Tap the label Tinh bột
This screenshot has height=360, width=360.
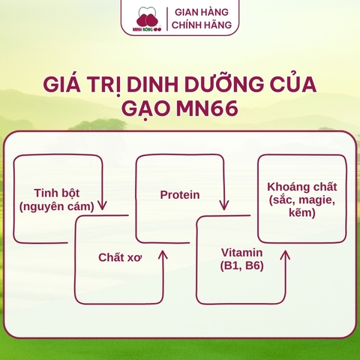pyautogui.click(x=56, y=193)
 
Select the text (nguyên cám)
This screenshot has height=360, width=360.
pyautogui.click(x=56, y=205)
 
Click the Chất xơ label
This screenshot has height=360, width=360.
pyautogui.click(x=120, y=257)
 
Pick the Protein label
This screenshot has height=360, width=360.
pyautogui.click(x=180, y=195)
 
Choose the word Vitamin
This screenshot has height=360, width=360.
pyautogui.click(x=241, y=252)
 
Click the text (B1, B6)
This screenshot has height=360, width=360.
pyautogui.click(x=241, y=265)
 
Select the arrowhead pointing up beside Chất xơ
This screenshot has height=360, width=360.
pyautogui.click(x=163, y=256)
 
